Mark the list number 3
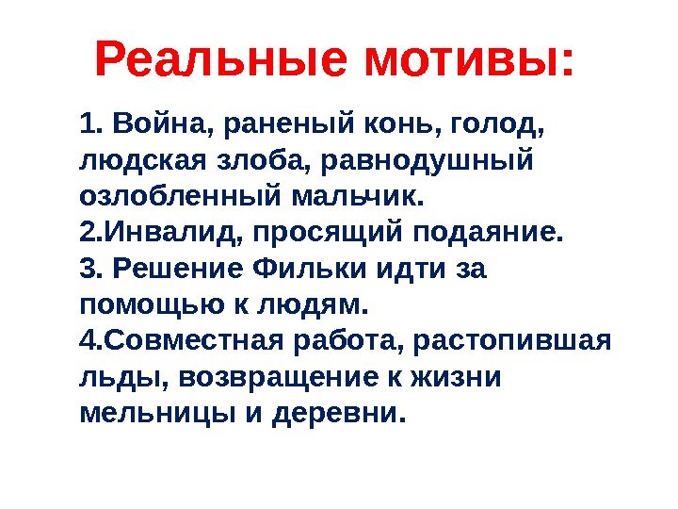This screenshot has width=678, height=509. pos(89,269)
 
